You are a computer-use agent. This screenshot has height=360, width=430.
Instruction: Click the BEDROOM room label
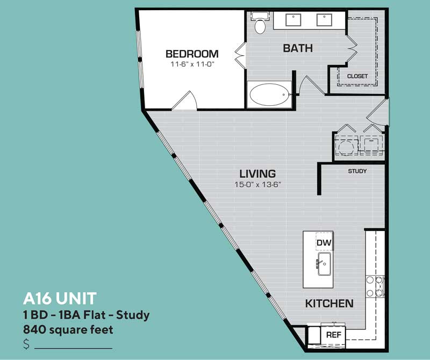click(192, 54)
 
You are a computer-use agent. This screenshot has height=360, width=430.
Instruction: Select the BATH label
click(298, 48)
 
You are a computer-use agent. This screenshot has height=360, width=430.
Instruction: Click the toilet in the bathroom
click(260, 24)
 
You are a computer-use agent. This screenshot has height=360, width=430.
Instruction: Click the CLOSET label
click(357, 76)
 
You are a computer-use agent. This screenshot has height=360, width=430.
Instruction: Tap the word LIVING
click(257, 174)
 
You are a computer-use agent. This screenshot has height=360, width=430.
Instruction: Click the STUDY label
click(357, 171)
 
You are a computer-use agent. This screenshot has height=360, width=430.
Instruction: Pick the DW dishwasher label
click(324, 243)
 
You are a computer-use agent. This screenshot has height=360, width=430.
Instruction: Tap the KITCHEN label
click(329, 304)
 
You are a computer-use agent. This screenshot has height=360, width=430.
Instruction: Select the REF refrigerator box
click(333, 335)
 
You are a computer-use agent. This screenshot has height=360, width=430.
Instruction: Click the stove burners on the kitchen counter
click(375, 286)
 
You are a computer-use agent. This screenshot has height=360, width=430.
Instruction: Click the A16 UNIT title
click(60, 298)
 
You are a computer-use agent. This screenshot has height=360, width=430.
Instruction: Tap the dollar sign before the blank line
click(26, 344)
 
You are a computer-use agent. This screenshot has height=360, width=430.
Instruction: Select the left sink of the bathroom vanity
click(294, 20)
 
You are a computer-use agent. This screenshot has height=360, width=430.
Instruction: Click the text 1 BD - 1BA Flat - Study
click(86, 314)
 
